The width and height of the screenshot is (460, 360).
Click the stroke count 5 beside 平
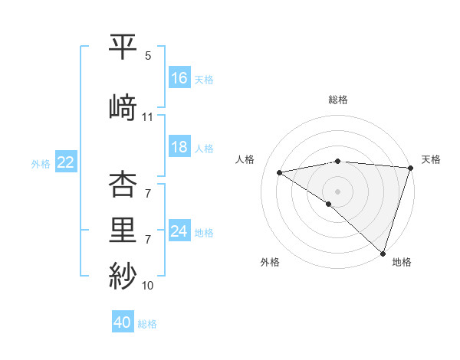148,57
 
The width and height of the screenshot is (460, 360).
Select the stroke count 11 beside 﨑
148,116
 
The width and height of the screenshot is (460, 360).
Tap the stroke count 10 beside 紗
148,286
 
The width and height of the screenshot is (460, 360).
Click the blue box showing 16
179,78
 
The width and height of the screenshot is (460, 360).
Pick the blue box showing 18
179,147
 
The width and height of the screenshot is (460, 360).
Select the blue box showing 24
179,231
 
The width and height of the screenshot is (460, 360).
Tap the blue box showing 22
66,162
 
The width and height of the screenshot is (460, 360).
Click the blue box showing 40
123,322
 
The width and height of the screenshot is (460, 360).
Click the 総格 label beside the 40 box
148,324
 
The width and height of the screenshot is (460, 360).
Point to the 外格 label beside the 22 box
41,163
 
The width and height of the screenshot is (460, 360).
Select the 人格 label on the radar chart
245,159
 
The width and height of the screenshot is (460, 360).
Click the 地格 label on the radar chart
402,262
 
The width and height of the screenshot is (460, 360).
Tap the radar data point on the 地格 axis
383,253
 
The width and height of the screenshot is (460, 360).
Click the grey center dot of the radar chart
337,190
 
